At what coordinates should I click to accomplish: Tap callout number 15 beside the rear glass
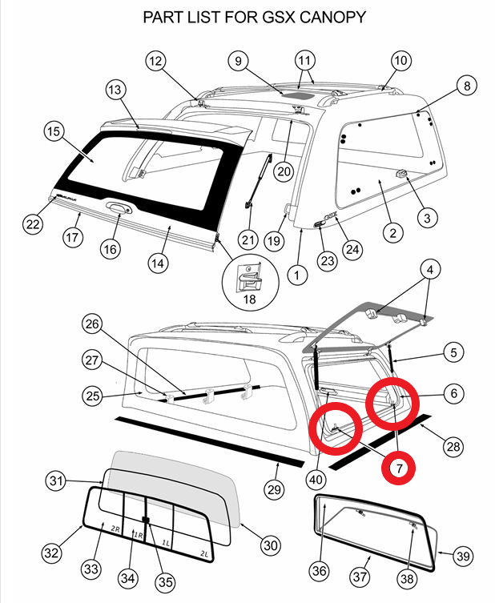pos(54,130)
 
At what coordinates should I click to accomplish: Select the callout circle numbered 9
pos(237,60)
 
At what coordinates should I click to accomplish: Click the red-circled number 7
pos(398,465)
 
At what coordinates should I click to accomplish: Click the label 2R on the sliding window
pos(115,529)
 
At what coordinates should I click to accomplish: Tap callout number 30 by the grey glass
pos(271,545)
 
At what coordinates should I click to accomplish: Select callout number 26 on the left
pos(94,324)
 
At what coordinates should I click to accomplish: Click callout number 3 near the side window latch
pos(427,218)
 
